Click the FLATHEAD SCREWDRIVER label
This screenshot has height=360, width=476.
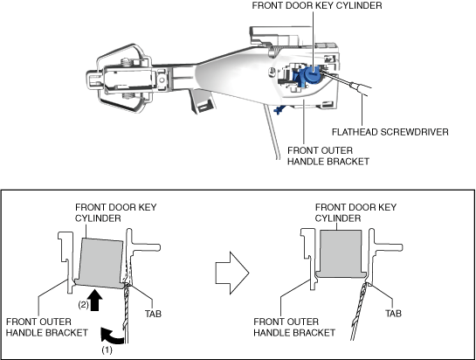coord(390,132)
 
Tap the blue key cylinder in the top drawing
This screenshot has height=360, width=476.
coord(311,73)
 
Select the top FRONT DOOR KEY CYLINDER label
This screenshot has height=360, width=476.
coord(317,5)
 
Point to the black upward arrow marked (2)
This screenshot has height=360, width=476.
coord(95,300)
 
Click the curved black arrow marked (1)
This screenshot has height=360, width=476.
coord(112,336)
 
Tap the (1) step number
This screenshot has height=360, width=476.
coord(107,350)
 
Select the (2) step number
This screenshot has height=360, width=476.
coord(84,305)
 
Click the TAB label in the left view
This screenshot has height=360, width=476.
coord(153,314)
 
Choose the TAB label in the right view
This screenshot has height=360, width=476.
coord(393,313)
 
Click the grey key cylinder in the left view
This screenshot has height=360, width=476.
coord(100,263)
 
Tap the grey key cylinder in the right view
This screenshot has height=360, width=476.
coord(341,253)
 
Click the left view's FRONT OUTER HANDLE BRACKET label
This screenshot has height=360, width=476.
coord(47,327)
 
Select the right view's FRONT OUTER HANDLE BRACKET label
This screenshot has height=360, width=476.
coord(294,327)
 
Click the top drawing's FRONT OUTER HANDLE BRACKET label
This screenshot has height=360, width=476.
coord(328,156)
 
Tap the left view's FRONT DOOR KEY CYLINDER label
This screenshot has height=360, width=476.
coord(115,212)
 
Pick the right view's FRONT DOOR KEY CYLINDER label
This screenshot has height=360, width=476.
coord(355,212)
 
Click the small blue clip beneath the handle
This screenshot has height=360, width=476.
coord(279,110)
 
